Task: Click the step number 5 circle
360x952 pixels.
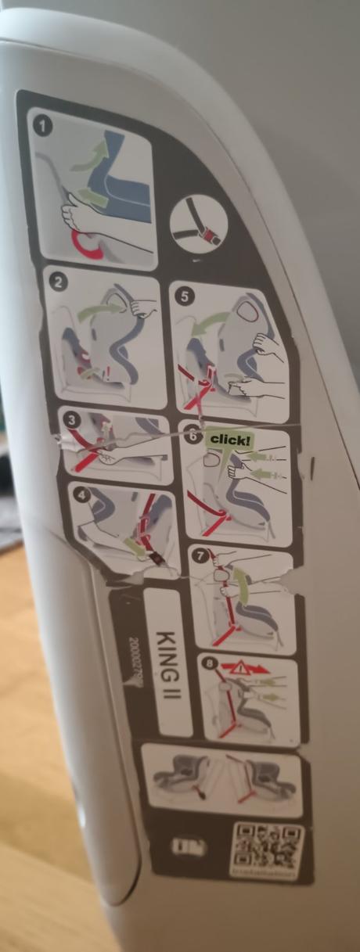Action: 184,296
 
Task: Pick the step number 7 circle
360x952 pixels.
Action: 201,557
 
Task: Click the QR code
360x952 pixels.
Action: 266,847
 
